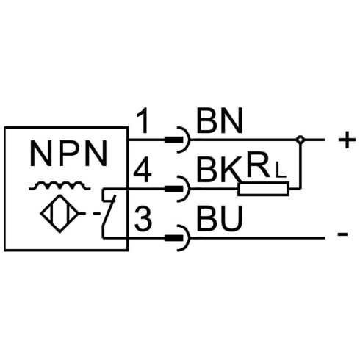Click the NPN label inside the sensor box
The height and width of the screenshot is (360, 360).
[x=68, y=154]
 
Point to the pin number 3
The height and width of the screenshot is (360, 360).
[x=143, y=219]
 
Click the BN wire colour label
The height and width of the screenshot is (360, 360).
[x=220, y=120]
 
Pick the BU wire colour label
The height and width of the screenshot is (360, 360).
[x=220, y=219]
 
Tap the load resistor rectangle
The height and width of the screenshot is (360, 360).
[x=263, y=189]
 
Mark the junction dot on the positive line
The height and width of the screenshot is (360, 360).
[x=300, y=140]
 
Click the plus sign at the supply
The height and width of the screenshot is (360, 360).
[x=347, y=140]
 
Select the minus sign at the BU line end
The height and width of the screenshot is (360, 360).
[x=342, y=234]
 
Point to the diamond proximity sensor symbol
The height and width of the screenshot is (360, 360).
[x=60, y=214]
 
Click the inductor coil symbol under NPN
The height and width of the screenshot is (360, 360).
[x=60, y=186]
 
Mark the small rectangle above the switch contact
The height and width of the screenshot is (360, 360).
[x=109, y=195]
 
